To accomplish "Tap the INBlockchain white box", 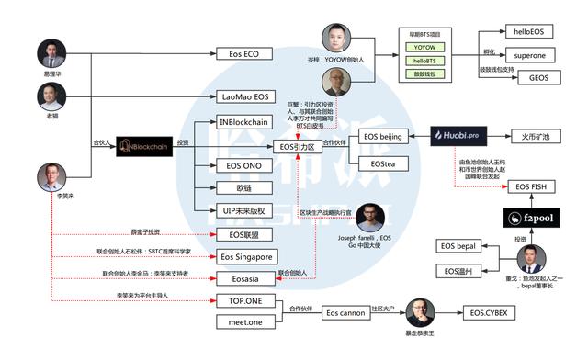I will (243, 121).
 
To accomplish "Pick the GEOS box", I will (537, 78).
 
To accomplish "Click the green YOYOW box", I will (424, 46).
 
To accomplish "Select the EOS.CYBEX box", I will (491, 314).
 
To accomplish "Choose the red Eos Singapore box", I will (246, 257).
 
